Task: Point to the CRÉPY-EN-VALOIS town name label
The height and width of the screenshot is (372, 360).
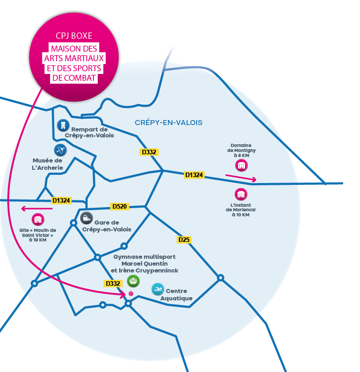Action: (x=168, y=123)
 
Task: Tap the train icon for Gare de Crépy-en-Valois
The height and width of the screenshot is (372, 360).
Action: (x=86, y=218)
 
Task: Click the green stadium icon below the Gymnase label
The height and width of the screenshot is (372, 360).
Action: (x=133, y=281)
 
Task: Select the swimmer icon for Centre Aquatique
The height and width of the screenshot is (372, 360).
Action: (x=157, y=289)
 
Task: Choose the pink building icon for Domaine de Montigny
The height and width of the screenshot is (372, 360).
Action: (x=241, y=165)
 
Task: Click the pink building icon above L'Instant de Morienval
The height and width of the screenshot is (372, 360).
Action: (x=241, y=194)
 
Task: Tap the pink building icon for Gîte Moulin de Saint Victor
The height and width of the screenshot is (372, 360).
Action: (x=38, y=220)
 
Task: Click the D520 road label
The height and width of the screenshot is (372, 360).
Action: (x=120, y=207)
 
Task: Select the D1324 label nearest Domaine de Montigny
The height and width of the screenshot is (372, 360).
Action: (x=194, y=175)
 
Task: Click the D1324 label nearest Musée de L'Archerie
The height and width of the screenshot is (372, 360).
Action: (x=61, y=200)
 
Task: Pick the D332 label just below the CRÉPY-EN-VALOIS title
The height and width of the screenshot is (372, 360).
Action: (x=149, y=152)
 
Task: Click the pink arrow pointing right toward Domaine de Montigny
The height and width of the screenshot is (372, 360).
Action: (x=241, y=178)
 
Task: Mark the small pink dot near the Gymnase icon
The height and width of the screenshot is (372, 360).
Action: (x=131, y=293)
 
